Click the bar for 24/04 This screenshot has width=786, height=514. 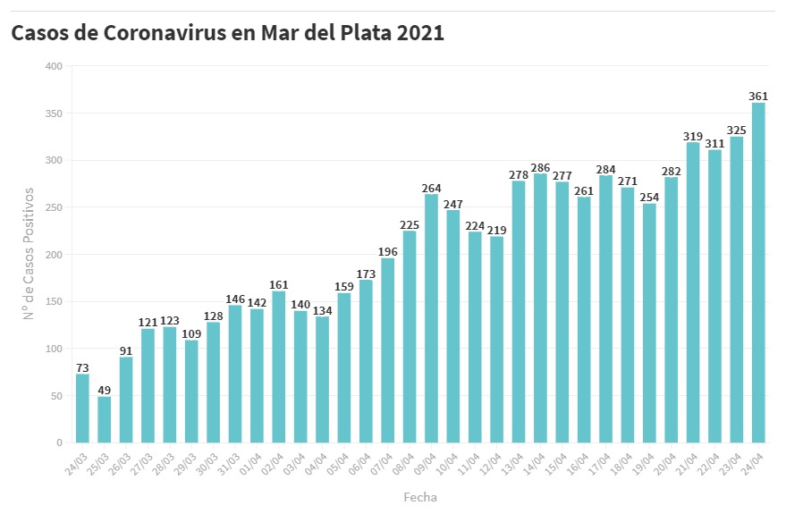click(x=758, y=273)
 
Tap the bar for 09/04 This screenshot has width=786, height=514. click(x=431, y=318)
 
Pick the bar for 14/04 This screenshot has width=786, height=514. click(x=540, y=308)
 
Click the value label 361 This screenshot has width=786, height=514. click(x=758, y=96)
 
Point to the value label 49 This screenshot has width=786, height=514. click(x=105, y=390)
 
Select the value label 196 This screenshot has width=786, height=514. click(x=388, y=251)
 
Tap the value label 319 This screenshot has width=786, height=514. click(x=693, y=136)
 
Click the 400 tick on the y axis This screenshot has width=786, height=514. click(x=53, y=66)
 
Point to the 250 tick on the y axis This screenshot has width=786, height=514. click(x=53, y=207)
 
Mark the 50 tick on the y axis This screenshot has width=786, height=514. click(x=55, y=396)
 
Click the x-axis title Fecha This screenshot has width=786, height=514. click(x=419, y=496)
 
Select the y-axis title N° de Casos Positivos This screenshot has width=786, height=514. click(x=29, y=254)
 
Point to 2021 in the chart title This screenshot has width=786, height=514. click(x=419, y=33)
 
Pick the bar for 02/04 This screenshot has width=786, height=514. click(x=279, y=367)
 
